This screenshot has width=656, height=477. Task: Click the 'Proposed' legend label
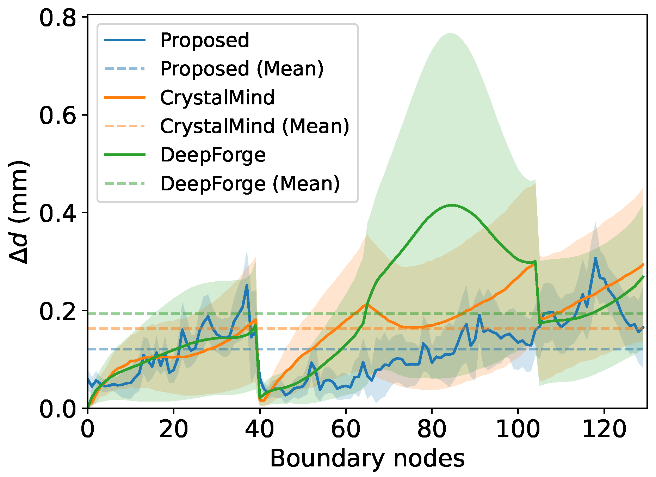coord(204,40)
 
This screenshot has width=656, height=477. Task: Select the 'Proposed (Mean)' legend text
coord(242,69)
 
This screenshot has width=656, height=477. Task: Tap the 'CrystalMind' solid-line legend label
coord(217,98)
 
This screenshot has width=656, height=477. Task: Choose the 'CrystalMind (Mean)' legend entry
coord(254,126)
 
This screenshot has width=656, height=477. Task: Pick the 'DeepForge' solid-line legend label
coord(213,155)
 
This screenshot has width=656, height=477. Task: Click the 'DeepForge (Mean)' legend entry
coord(250,184)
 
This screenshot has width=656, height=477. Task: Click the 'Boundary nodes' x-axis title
coord(367,459)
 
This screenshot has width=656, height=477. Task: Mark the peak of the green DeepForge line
coord(452,205)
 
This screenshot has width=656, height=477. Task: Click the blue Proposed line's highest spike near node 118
coord(595,258)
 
